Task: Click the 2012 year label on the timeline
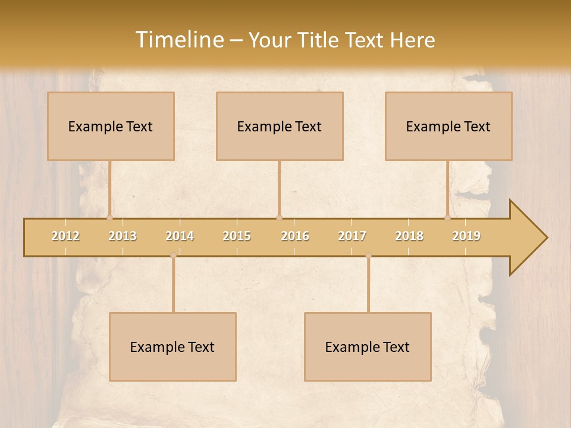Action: tap(65, 236)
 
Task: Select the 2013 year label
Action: tap(123, 236)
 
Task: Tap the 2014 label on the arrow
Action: tap(180, 236)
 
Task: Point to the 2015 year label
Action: tap(237, 236)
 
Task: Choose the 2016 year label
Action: tap(294, 236)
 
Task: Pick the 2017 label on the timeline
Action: tap(352, 236)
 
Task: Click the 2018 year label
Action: tap(409, 236)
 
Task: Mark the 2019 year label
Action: tap(466, 236)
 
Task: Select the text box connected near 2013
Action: tap(111, 126)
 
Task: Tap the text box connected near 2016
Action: tap(280, 126)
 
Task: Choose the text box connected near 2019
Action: tap(448, 126)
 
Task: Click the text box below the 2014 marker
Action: tap(172, 347)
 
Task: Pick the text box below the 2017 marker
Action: tap(368, 347)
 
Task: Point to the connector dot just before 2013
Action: tap(109, 218)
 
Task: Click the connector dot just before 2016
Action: tap(279, 218)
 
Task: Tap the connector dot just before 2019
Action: tap(448, 218)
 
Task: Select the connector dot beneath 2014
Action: tap(173, 256)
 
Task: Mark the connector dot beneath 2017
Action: tap(368, 256)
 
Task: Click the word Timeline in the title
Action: tap(179, 40)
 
